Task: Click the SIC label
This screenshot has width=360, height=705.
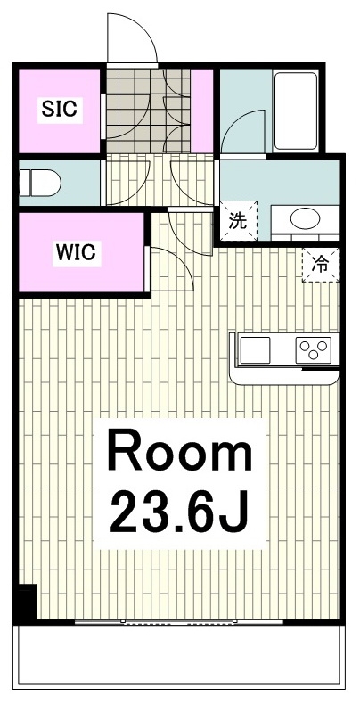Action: [x=60, y=109]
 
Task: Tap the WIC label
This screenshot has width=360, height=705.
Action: [x=76, y=253]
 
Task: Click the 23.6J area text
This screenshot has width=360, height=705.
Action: [x=179, y=512]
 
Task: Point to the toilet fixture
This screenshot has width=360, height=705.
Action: [x=39, y=183]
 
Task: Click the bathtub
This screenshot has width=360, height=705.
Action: [x=296, y=111]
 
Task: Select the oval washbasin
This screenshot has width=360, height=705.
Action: [x=305, y=219]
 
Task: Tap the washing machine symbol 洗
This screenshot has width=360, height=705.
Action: [x=238, y=221]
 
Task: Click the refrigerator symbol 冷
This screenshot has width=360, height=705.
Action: [x=321, y=266]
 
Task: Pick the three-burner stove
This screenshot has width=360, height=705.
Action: [x=314, y=350]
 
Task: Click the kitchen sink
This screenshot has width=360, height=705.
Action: [x=255, y=350]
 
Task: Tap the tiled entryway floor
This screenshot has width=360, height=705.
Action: [x=148, y=111]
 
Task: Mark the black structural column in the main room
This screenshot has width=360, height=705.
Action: [x=26, y=603]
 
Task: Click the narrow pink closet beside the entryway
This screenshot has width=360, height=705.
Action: [x=202, y=111]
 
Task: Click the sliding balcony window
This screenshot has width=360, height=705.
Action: [x=179, y=622]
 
